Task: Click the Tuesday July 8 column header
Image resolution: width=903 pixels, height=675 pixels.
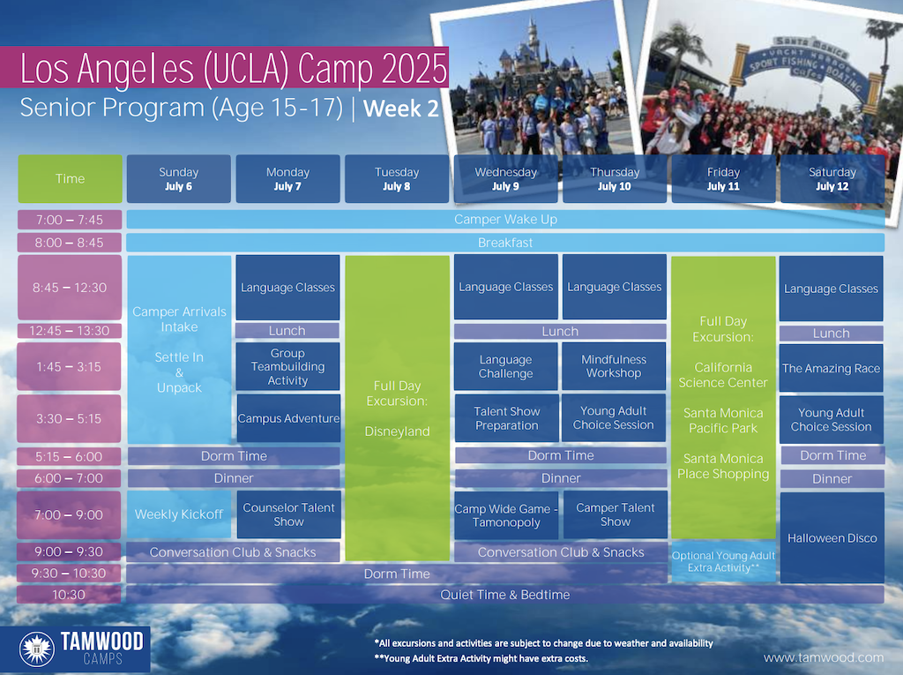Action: click(x=397, y=179)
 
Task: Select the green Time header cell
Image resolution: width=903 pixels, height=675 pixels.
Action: click(x=71, y=179)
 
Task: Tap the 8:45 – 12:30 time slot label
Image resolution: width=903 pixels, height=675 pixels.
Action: click(x=70, y=287)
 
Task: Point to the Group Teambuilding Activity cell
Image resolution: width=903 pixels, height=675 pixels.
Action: click(x=287, y=366)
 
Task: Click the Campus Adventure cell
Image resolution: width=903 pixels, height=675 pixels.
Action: click(x=288, y=418)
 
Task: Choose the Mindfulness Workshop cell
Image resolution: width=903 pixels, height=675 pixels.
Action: click(x=614, y=366)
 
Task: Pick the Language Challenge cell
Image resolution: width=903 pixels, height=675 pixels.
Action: click(x=505, y=366)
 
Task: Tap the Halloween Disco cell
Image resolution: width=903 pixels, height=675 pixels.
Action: click(x=832, y=538)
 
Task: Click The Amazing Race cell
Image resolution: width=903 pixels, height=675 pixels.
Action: click(x=831, y=368)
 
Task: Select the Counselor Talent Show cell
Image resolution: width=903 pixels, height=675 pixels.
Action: click(x=288, y=514)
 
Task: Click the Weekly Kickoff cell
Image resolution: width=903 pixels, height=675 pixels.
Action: click(x=178, y=514)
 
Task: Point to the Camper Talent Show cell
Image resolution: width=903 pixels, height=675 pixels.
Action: click(x=615, y=514)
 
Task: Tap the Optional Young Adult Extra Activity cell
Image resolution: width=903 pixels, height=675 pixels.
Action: click(x=723, y=561)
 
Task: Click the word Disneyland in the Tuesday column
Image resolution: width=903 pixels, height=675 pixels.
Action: click(x=398, y=431)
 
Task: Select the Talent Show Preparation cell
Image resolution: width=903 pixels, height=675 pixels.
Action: click(x=507, y=418)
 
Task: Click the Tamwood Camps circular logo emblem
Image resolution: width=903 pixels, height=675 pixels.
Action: click(x=37, y=649)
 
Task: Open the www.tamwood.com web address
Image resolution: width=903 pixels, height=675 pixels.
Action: click(x=824, y=657)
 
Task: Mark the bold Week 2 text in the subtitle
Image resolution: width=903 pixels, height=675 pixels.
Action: click(x=401, y=109)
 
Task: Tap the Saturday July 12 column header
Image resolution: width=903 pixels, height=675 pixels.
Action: click(x=832, y=179)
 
